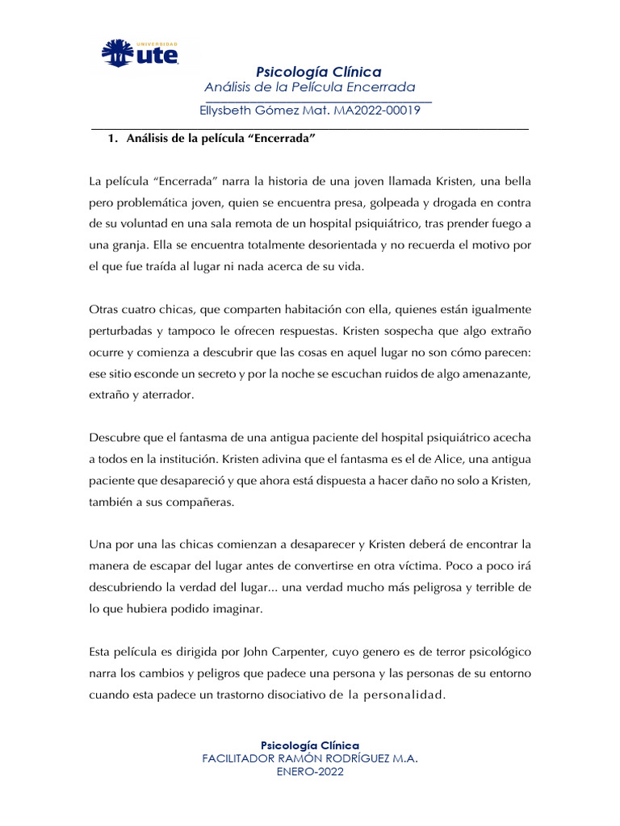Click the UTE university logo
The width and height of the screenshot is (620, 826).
click(x=139, y=52)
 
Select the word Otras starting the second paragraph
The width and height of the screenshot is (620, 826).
click(x=105, y=310)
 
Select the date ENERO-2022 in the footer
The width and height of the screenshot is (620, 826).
click(x=310, y=772)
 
